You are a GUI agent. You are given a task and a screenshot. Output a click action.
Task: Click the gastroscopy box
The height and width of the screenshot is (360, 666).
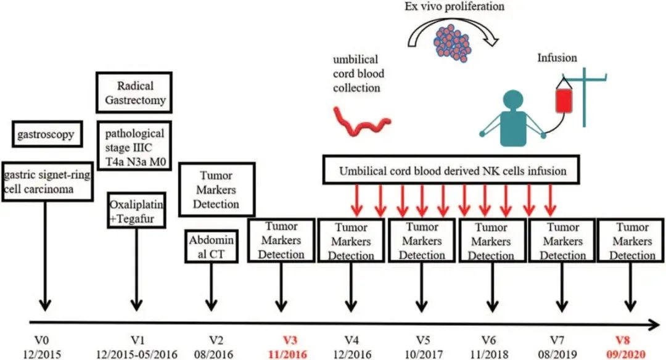point(46,134)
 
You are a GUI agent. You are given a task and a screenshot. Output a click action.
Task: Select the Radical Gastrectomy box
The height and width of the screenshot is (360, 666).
point(134,93)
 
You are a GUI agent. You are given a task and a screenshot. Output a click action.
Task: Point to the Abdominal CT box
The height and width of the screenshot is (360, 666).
point(212,246)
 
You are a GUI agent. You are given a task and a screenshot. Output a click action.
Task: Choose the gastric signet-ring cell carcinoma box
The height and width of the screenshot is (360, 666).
point(47,182)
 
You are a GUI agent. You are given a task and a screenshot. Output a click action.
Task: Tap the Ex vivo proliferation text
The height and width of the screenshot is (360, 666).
point(455,7)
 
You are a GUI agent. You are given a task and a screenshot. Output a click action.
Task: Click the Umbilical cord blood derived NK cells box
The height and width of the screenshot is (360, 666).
point(453,170)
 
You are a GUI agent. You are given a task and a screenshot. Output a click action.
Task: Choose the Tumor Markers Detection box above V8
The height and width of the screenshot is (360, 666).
point(632,241)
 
